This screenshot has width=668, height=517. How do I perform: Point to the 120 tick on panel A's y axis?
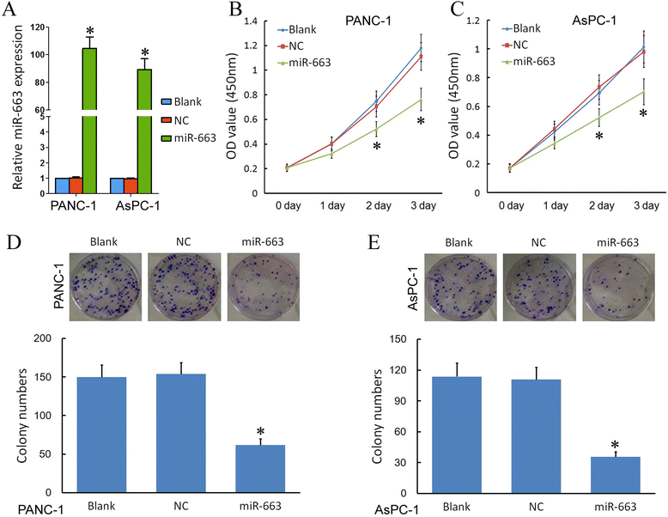37,27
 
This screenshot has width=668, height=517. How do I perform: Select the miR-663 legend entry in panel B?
313,64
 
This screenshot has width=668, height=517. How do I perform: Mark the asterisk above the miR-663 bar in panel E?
614,445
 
